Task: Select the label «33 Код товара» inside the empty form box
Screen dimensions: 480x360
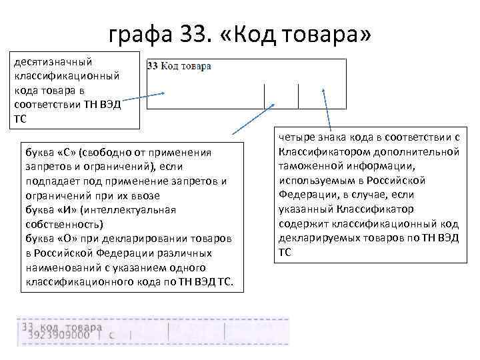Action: point(179,66)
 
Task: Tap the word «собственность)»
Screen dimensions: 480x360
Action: point(63,224)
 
